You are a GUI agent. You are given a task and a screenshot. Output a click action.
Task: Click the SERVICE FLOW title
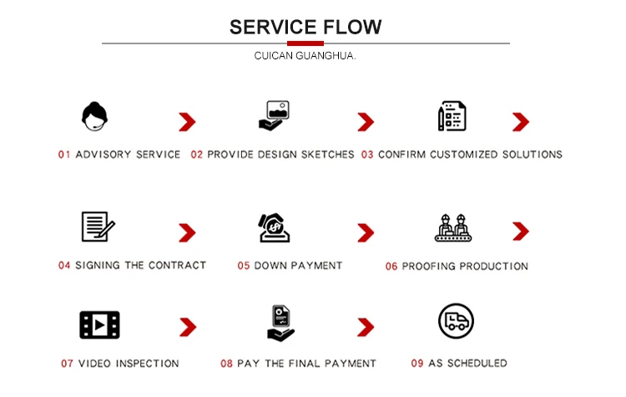(x=305, y=27)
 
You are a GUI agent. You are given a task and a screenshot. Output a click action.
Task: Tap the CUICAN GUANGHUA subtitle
(x=305, y=57)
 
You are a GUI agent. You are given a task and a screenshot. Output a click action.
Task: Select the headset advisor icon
(x=95, y=117)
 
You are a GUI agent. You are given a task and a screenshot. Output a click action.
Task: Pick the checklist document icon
(x=452, y=117)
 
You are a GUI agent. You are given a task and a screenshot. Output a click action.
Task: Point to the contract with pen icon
(x=97, y=226)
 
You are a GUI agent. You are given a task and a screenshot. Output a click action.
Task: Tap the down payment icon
(x=274, y=227)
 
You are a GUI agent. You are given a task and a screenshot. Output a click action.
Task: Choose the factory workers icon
(x=453, y=227)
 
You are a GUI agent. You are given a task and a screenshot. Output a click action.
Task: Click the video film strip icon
(x=99, y=324)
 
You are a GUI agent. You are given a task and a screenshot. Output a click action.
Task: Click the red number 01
(x=64, y=155)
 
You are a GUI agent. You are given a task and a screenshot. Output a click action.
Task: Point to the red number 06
(x=391, y=267)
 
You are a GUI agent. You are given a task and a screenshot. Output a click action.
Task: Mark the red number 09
(x=417, y=364)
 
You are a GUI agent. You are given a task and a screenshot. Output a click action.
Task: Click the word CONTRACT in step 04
(x=177, y=266)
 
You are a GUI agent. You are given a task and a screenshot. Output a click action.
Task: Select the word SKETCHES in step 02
(x=326, y=155)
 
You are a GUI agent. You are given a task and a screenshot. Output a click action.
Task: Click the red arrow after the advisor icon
(x=187, y=123)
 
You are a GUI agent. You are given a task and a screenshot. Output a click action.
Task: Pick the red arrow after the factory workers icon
(x=521, y=231)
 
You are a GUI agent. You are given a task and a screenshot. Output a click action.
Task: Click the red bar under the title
(x=305, y=43)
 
